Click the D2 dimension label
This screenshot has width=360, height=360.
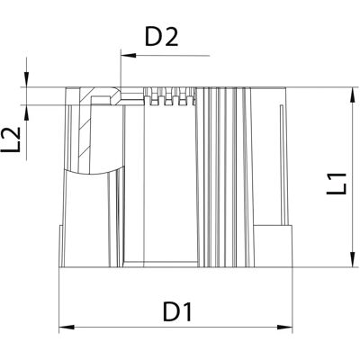(162, 37)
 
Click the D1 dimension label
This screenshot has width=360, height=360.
(177, 311)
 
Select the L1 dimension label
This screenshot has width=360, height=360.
(337, 184)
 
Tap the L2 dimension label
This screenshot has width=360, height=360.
(11, 139)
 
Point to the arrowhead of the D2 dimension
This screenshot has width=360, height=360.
(129, 56)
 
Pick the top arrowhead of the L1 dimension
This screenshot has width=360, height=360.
(352, 95)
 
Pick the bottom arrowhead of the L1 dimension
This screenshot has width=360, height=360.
(352, 258)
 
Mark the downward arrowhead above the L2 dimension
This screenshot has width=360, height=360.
(27, 79)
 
